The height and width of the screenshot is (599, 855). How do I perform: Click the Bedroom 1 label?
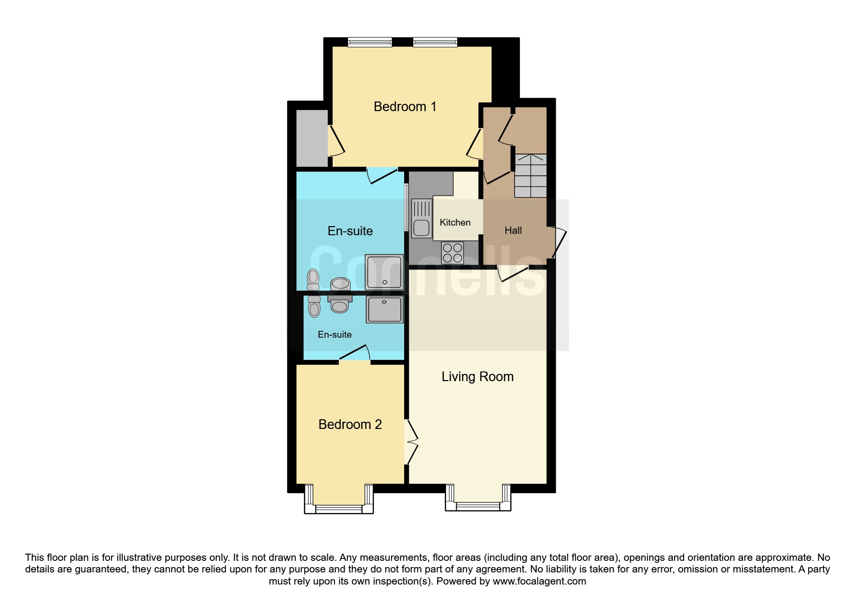tap(405, 107)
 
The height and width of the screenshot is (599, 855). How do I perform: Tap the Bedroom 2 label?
tap(350, 425)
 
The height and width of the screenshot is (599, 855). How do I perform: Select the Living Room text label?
tap(477, 377)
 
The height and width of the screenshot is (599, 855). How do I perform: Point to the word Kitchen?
tap(455, 222)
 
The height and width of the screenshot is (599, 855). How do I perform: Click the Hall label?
tap(513, 230)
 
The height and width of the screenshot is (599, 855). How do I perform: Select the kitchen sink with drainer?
tap(421, 218)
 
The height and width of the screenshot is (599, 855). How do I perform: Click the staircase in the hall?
tap(531, 176)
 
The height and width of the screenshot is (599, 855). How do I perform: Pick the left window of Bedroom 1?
tap(370, 43)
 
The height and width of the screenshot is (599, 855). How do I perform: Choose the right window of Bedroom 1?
tap(435, 43)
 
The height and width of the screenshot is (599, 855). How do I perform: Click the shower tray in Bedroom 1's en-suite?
tap(384, 272)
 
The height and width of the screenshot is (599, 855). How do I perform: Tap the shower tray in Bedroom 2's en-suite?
tap(385, 310)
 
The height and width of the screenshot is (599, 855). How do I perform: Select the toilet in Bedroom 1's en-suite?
tap(313, 279)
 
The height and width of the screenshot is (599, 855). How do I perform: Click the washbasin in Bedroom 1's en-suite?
tap(340, 283)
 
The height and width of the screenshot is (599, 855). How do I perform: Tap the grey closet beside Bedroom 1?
tap(312, 138)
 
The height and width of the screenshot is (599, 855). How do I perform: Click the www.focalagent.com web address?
tap(539, 581)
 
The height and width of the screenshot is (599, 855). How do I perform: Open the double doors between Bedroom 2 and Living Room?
tap(411, 442)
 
